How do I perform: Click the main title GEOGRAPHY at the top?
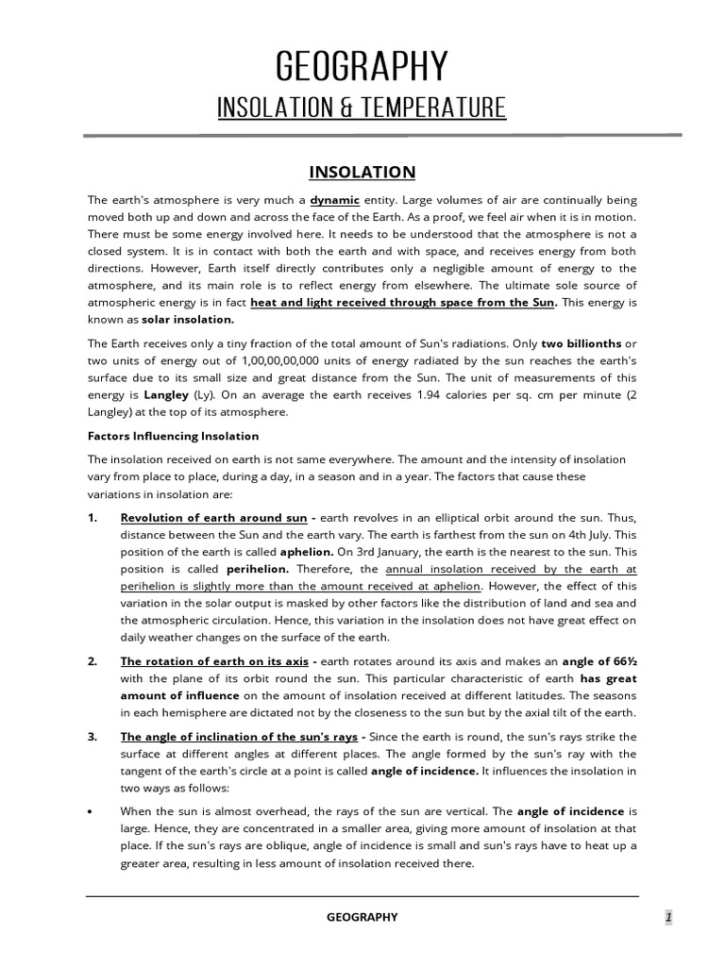(362, 68)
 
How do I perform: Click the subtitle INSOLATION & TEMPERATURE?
(362, 108)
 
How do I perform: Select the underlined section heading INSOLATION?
(362, 172)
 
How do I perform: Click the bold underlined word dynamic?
(335, 201)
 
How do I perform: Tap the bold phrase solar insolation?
(182, 320)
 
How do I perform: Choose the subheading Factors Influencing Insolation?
(173, 436)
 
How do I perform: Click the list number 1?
(93, 518)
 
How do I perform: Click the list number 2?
(93, 661)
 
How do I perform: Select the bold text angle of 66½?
(600, 661)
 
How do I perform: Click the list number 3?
(93, 736)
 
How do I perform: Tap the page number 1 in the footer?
(667, 917)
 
